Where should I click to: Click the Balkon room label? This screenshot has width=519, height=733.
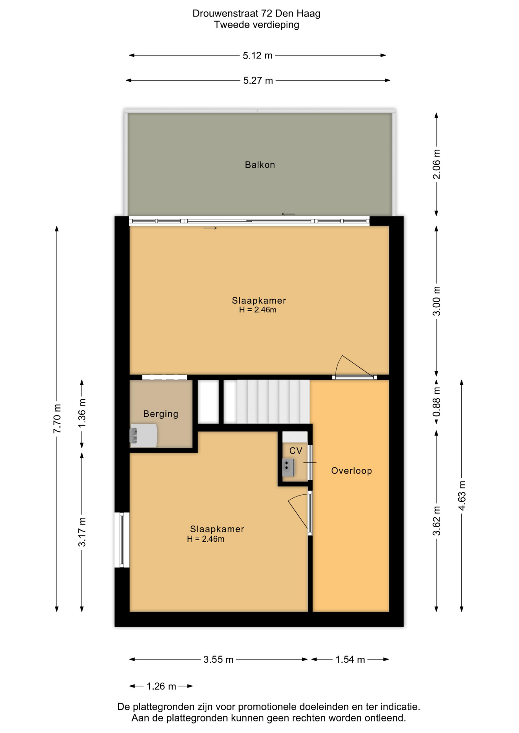tap(260, 165)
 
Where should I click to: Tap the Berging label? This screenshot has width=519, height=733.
tap(161, 414)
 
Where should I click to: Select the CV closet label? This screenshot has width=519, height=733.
tap(296, 451)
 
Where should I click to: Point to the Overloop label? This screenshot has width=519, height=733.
tap(352, 471)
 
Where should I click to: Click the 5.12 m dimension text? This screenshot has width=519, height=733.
tap(258, 56)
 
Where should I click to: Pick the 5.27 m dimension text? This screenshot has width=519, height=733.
tap(258, 81)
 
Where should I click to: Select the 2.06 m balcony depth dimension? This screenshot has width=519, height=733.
tap(436, 164)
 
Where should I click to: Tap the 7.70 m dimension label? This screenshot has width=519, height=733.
tap(57, 418)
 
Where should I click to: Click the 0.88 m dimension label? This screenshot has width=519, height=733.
tap(436, 402)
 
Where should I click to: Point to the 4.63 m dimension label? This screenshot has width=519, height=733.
tap(462, 496)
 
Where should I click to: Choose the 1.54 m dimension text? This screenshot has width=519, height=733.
tap(350, 660)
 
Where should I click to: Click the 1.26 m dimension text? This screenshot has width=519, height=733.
tap(161, 686)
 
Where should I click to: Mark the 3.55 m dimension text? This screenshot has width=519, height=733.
tap(218, 660)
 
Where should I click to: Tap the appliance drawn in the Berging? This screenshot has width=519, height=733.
tap(143, 436)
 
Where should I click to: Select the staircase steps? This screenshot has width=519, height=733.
tap(266, 401)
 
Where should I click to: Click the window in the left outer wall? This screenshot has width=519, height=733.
tap(122, 540)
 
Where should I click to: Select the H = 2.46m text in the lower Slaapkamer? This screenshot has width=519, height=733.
tap(206, 539)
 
